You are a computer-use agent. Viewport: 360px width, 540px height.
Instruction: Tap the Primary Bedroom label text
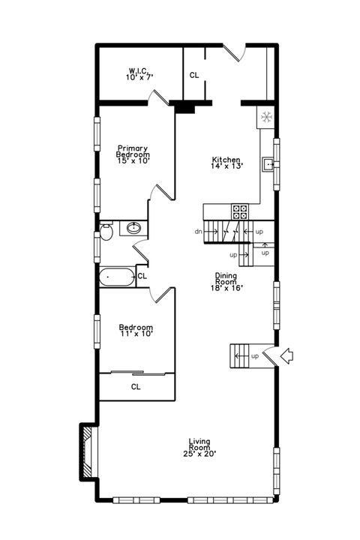click(x=133, y=154)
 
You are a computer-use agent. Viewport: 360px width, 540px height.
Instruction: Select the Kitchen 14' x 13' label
click(x=226, y=163)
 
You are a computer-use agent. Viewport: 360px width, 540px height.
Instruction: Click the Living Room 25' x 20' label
click(x=199, y=448)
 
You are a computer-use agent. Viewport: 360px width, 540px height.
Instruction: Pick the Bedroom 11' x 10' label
click(x=136, y=331)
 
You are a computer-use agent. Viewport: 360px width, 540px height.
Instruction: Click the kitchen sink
click(x=268, y=163)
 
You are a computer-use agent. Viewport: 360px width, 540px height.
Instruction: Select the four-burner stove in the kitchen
click(x=241, y=211)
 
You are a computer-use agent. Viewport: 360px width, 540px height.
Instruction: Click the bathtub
click(x=117, y=277)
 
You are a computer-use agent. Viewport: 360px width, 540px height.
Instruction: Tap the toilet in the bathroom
click(x=106, y=232)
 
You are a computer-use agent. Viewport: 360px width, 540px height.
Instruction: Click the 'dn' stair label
click(x=198, y=232)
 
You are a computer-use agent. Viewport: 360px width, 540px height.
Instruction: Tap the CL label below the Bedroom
click(x=136, y=387)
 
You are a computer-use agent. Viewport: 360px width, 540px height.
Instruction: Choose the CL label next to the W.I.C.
click(x=194, y=75)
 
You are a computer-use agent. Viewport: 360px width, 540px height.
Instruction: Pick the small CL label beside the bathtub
click(x=142, y=276)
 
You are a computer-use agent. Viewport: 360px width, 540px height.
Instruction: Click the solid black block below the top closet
click(x=184, y=107)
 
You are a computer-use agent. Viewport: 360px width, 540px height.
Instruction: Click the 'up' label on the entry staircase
click(x=255, y=355)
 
